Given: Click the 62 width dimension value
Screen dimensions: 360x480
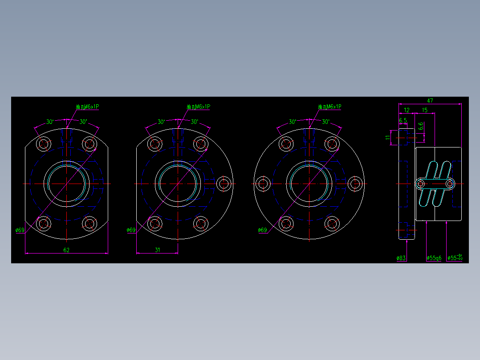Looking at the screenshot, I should click(66, 250).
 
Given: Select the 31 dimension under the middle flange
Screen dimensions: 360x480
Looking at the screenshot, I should click(157, 250).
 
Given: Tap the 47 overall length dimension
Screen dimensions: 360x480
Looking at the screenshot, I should click(430, 101).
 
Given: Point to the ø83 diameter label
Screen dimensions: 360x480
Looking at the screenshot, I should click(401, 258).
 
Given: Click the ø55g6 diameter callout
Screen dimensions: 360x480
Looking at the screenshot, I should click(434, 258).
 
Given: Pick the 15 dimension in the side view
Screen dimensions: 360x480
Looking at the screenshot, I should click(425, 110).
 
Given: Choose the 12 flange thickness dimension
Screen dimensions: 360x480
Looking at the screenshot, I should click(407, 110).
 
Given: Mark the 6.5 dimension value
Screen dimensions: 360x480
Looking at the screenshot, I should click(403, 120).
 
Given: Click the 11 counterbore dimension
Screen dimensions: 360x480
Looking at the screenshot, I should click(387, 137).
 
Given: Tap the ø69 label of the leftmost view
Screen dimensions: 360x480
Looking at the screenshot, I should click(20, 230).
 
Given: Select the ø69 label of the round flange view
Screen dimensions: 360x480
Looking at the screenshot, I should click(262, 230).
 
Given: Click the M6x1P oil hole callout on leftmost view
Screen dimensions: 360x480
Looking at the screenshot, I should click(87, 107).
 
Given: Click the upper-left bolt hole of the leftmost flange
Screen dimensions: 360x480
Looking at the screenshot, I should click(44, 143).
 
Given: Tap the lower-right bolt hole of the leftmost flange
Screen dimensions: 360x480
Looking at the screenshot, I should click(89, 223).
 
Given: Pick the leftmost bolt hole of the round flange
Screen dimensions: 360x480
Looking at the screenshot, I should click(263, 183).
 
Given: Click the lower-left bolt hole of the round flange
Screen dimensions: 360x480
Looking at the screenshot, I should click(286, 223).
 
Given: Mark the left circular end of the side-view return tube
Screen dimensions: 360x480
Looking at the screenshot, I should click(421, 183).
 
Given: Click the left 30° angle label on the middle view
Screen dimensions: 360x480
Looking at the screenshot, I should click(161, 122).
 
